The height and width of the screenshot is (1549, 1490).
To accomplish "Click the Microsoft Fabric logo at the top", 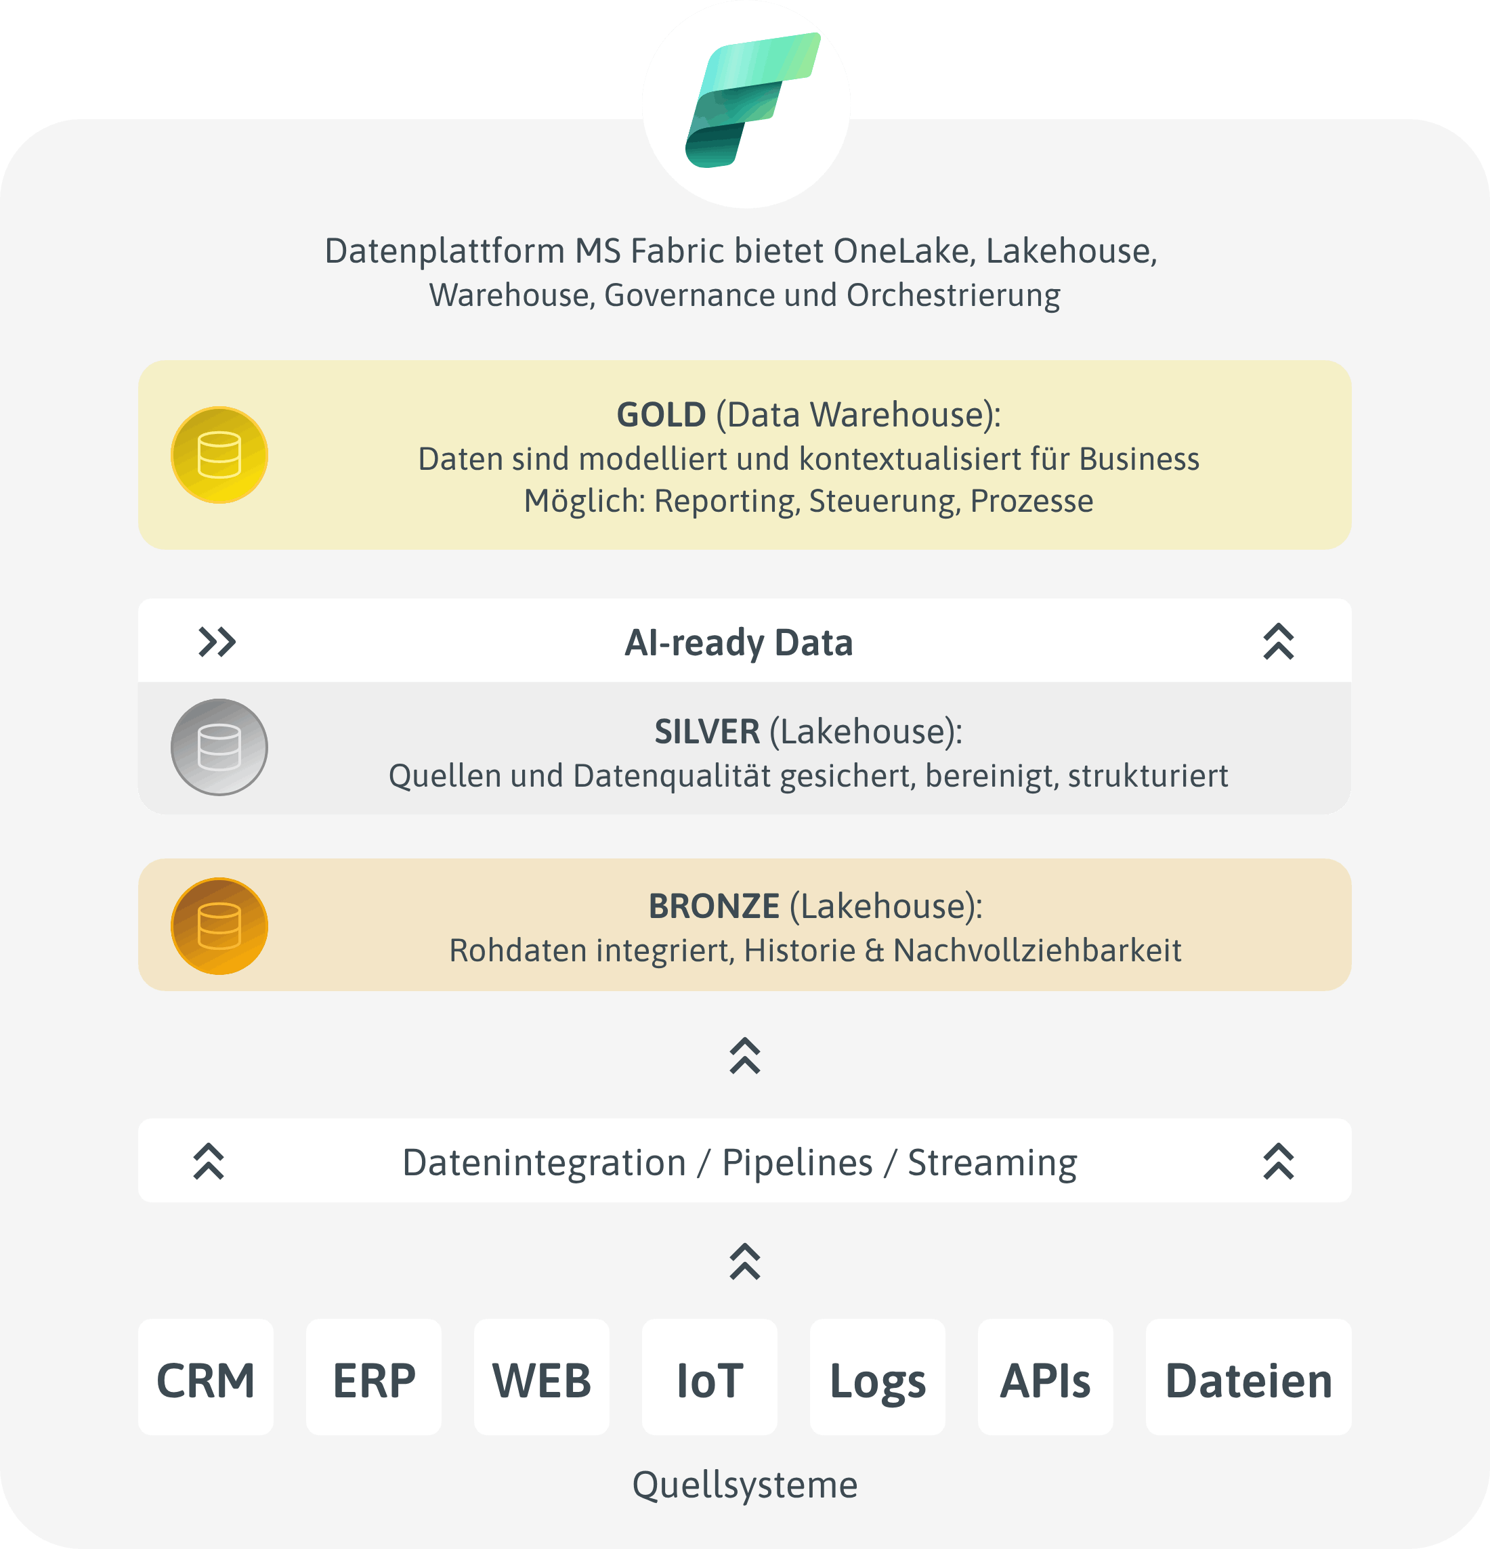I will click(746, 103).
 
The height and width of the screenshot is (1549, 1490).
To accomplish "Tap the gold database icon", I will click(219, 455).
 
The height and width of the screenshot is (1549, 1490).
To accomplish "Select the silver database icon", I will click(219, 747).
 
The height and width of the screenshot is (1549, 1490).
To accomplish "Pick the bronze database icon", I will click(219, 925).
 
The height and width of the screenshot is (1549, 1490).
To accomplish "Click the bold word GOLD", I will click(661, 415).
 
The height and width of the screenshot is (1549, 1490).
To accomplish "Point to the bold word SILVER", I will click(706, 732).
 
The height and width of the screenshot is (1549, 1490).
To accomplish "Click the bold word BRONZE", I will click(713, 907).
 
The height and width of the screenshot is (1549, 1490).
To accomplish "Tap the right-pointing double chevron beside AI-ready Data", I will click(217, 642).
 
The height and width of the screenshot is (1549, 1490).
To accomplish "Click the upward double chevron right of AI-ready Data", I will click(1277, 642).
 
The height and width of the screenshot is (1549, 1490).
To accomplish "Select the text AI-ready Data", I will click(738, 642).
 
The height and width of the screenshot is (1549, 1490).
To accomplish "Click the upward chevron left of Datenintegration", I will click(209, 1161).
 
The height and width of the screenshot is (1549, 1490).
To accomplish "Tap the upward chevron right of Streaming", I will click(1277, 1161).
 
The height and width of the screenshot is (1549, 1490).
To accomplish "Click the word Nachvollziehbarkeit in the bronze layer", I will click(1037, 951).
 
